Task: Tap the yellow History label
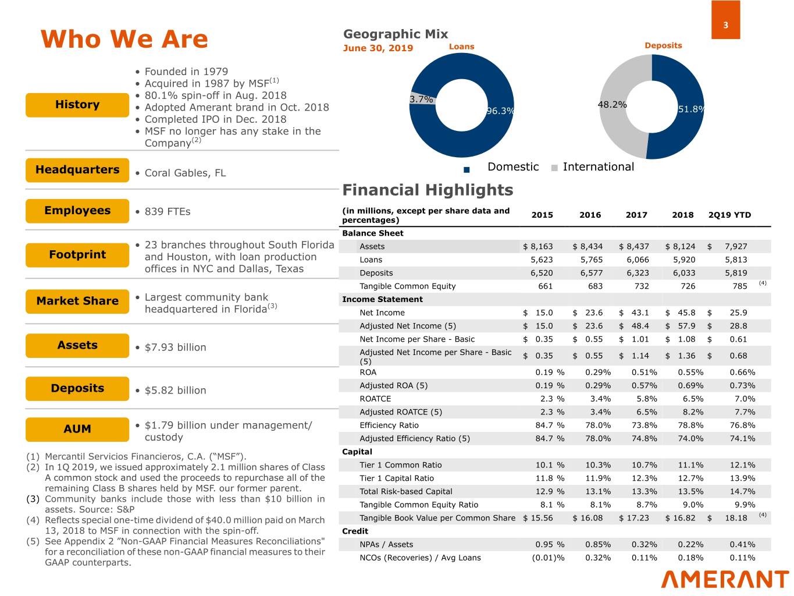click(77, 105)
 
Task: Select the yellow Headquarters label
click(77, 170)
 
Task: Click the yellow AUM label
click(77, 429)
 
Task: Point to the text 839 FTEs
click(168, 211)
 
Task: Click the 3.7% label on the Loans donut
click(421, 100)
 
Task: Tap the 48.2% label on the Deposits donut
click(612, 105)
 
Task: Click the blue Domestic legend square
click(467, 169)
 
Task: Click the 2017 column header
click(636, 215)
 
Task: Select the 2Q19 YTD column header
click(729, 215)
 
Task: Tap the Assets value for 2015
click(538, 246)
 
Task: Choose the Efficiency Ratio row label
click(389, 425)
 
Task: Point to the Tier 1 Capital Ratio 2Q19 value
click(742, 478)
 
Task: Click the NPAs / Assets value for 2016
click(597, 545)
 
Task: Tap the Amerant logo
click(725, 579)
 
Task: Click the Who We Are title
click(124, 40)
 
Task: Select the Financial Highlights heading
click(428, 190)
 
